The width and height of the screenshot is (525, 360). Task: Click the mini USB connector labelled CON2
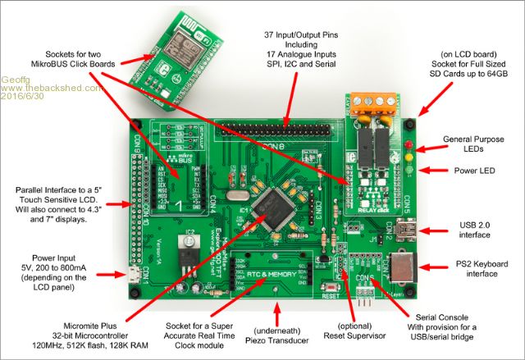tap(404, 232)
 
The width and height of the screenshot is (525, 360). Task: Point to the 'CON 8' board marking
tap(264, 145)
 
